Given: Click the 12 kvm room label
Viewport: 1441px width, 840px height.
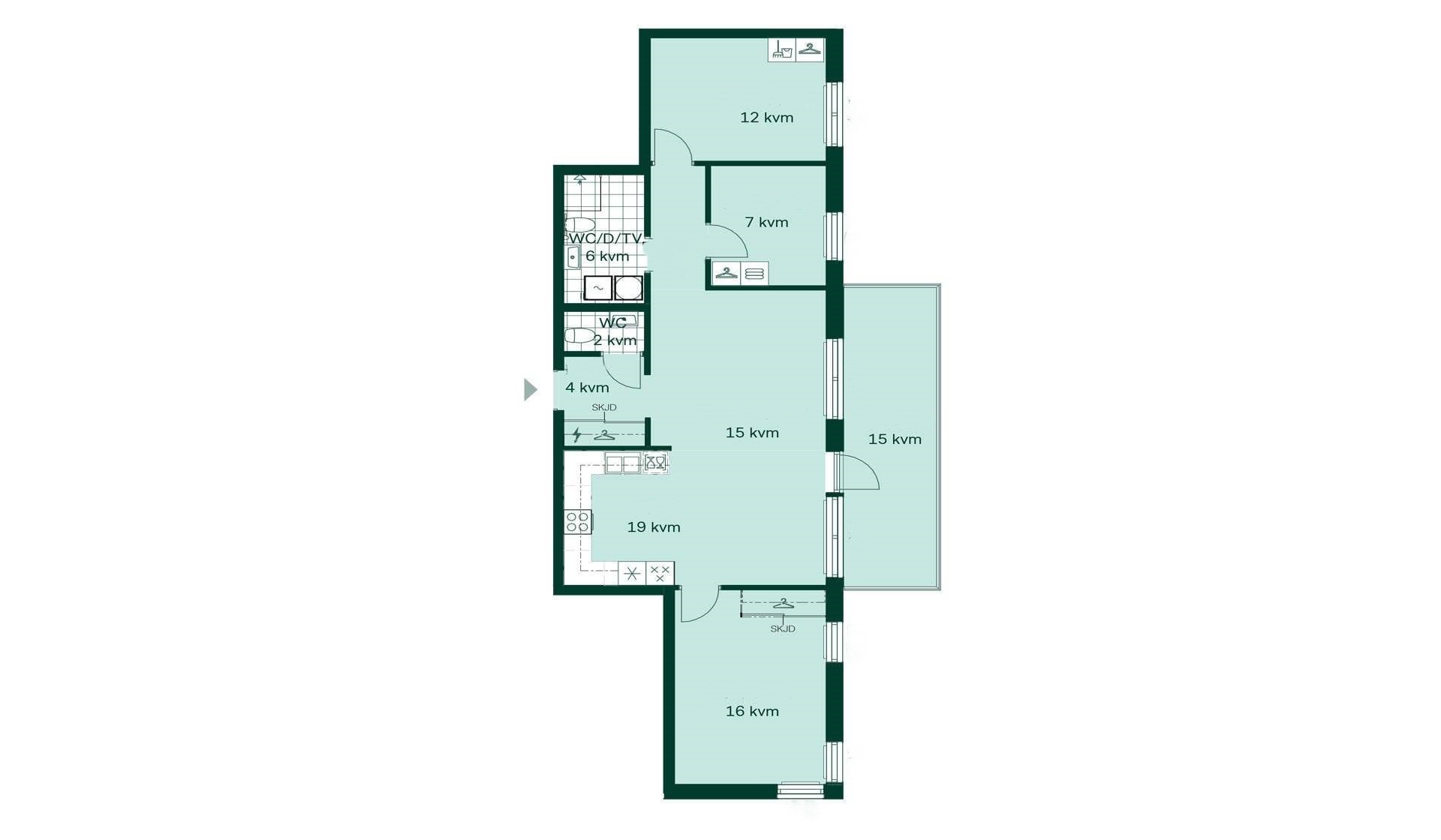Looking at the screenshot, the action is tap(766, 117).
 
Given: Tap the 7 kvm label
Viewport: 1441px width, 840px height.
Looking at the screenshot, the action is tap(766, 222).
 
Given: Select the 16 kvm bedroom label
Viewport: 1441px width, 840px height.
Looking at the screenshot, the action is tap(752, 711).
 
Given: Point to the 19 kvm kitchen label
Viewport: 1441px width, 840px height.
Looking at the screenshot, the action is tap(654, 527).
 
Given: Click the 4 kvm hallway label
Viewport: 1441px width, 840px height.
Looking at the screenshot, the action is tap(587, 388).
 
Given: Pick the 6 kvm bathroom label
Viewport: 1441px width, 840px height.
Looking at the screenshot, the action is tap(607, 256).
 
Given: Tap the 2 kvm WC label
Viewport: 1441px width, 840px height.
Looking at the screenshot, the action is tap(615, 340).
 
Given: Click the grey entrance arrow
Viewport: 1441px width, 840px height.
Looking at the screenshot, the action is tap(530, 389).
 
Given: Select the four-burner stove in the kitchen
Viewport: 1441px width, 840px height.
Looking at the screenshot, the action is tap(578, 521).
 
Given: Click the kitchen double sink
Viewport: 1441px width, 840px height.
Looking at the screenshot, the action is tap(623, 464).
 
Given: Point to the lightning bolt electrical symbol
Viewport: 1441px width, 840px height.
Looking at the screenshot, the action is tap(577, 434).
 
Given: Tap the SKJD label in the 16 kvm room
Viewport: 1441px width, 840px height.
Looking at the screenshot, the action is tap(783, 628).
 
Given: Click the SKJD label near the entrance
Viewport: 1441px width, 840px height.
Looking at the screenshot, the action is tap(604, 407).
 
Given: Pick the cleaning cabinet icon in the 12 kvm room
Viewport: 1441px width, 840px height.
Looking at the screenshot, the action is tap(782, 49).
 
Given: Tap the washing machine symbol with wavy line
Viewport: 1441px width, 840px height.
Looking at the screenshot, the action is tap(599, 288).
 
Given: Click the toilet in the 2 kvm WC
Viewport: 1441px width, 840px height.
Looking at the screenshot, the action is tap(579, 335).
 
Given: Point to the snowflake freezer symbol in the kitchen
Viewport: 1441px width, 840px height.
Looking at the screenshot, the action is tap(632, 574).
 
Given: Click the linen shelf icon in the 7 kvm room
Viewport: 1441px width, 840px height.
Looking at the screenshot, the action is tap(755, 273).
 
